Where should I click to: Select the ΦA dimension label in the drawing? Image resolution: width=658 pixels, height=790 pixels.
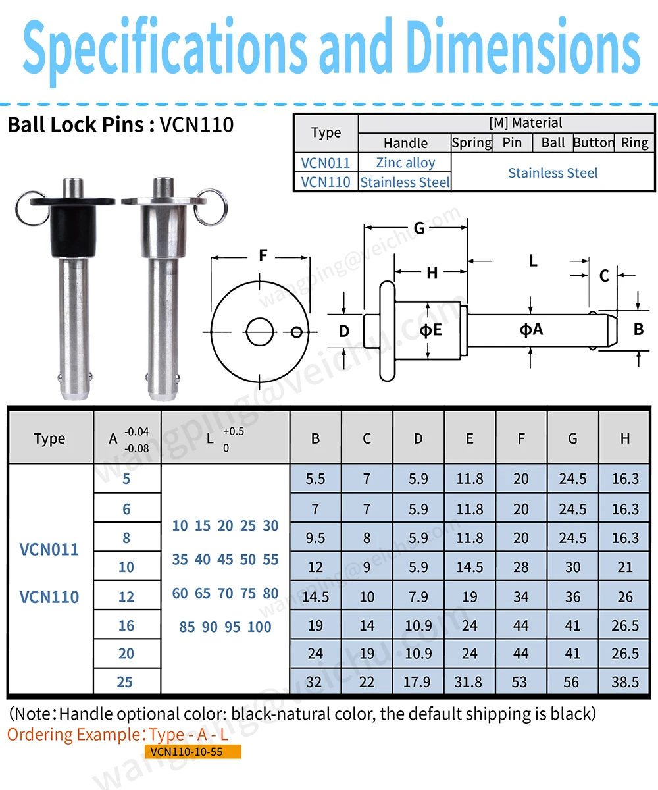tap(532, 329)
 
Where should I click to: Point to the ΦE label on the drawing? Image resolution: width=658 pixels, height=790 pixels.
tap(431, 330)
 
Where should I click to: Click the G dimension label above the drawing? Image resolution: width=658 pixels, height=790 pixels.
tap(419, 228)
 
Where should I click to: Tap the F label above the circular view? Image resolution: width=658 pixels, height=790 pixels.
tap(263, 255)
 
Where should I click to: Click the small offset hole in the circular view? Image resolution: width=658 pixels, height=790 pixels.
tap(297, 330)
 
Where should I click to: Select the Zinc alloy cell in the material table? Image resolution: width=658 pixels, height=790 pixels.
tap(405, 163)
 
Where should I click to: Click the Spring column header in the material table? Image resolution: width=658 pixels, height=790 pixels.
tap(471, 143)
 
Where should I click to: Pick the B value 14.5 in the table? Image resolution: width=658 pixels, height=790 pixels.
tap(315, 596)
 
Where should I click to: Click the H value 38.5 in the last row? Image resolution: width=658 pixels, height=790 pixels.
tap(624, 682)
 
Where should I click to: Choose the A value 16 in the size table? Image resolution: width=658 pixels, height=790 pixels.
tap(126, 625)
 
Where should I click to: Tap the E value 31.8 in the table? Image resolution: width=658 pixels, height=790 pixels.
tap(469, 682)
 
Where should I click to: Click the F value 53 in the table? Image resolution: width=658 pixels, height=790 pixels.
tap(520, 682)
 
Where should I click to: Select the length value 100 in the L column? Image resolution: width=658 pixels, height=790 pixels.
tap(259, 627)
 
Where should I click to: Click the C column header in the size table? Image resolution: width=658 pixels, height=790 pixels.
tap(367, 438)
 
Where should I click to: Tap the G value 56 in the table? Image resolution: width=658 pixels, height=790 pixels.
tap(572, 682)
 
